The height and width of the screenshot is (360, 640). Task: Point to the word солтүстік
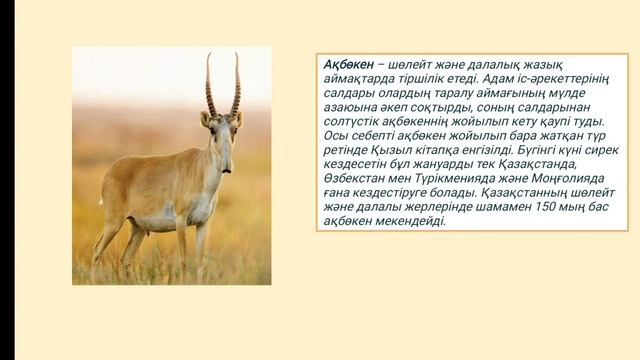point(354,116)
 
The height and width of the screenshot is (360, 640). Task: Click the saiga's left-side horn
point(211,86)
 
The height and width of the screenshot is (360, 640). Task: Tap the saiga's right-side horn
point(236,86)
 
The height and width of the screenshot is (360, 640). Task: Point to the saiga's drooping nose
point(226,158)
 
